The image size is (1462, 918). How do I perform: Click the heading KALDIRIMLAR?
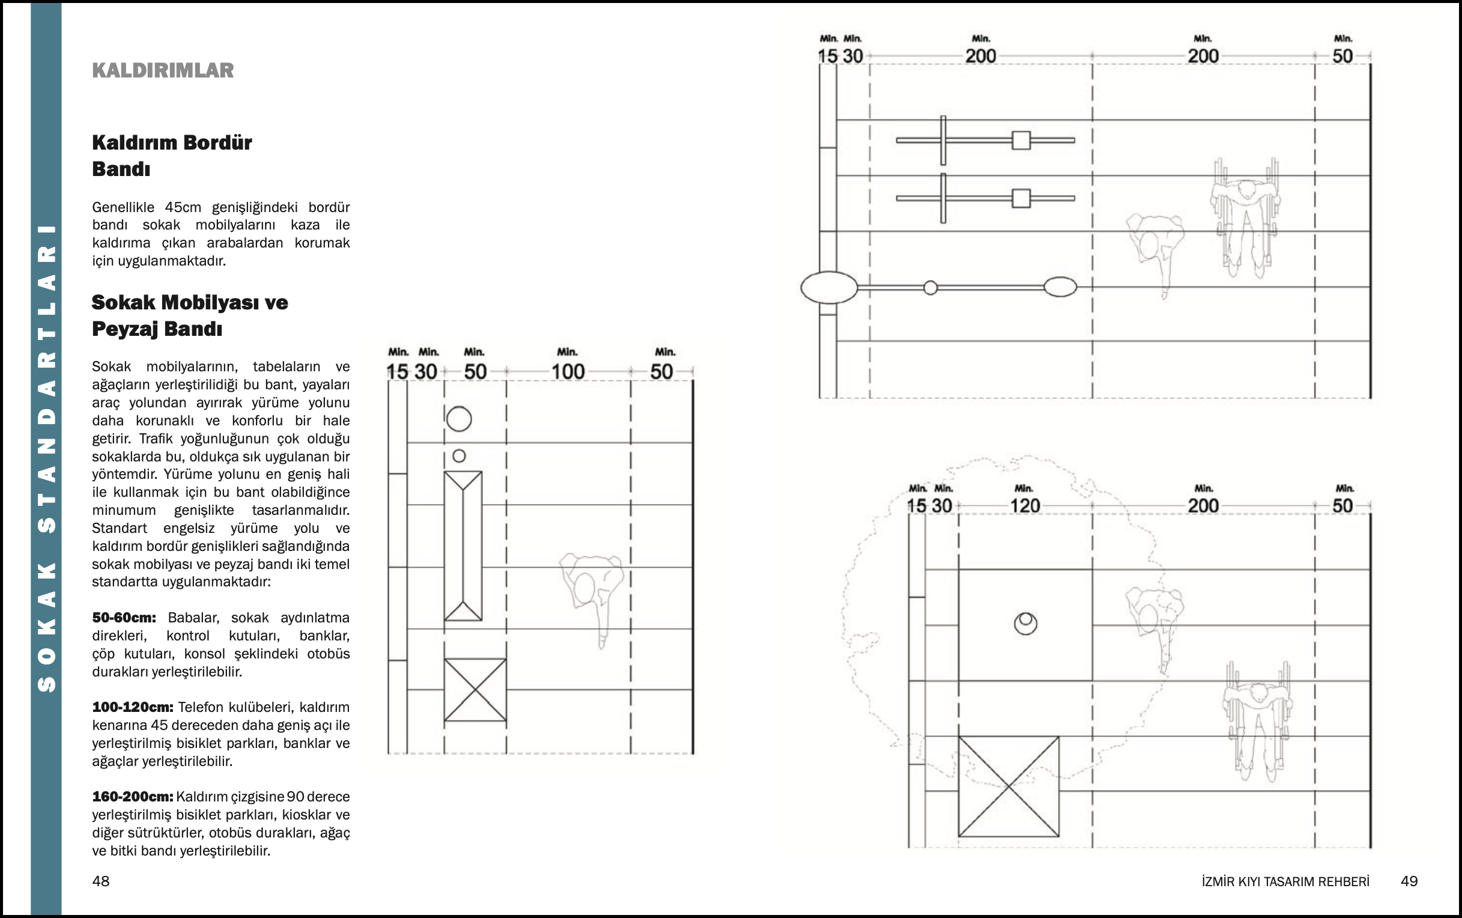pos(163,70)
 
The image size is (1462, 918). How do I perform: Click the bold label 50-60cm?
pos(124,618)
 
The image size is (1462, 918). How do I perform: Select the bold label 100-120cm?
pos(132,707)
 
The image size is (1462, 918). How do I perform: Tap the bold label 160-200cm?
pos(132,797)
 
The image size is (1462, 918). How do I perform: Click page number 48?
pos(101,881)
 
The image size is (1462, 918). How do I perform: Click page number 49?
pos(1409,881)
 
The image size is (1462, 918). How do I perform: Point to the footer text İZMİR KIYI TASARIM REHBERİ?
pos(1285,881)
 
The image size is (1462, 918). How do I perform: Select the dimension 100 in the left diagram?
pos(568,371)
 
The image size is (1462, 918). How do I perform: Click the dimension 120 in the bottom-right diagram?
pos(1025,506)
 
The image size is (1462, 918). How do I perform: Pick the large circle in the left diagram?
pos(459,419)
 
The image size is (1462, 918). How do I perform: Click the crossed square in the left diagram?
pos(475,690)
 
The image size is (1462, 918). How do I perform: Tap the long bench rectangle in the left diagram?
pos(463,546)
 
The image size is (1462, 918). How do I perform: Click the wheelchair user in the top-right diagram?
pos(1246,219)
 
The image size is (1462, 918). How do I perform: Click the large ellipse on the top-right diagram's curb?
pos(829,287)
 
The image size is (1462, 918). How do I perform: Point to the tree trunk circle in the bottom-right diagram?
pos(1026,623)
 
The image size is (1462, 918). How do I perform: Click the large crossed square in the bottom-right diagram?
pos(1008,786)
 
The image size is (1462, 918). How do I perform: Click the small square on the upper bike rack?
pos(1021,140)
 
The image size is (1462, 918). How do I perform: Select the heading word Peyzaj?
pos(125,329)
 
